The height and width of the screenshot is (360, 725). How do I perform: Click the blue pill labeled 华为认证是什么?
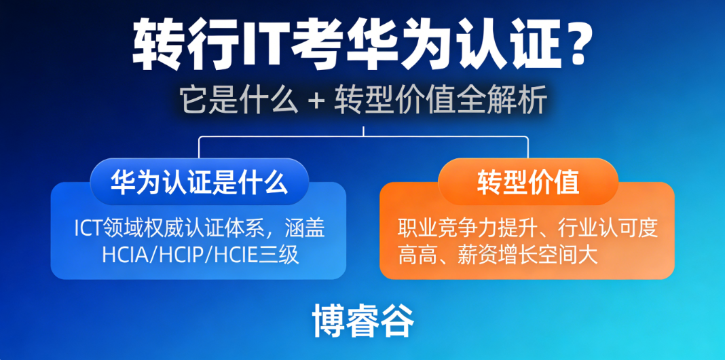(x=199, y=182)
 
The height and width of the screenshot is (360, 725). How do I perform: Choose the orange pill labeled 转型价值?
(x=527, y=182)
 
